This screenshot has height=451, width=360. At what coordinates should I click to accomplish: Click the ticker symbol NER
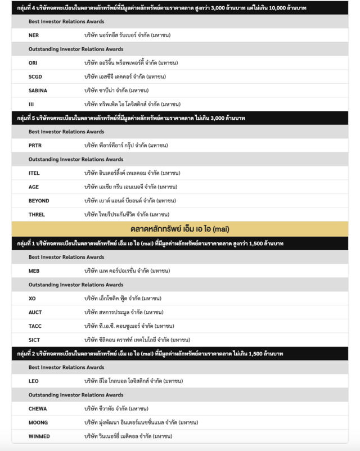pyautogui.click(x=34, y=35)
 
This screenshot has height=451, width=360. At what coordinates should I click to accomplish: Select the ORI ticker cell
pyautogui.click(x=33, y=63)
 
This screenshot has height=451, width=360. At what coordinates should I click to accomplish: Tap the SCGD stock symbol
pyautogui.click(x=35, y=76)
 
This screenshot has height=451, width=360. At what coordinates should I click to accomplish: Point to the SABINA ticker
pyautogui.click(x=38, y=91)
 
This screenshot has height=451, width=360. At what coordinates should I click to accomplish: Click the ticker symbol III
pyautogui.click(x=31, y=104)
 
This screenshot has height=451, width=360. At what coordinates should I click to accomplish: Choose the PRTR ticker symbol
pyautogui.click(x=35, y=146)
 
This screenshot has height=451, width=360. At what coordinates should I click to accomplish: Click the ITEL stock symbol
pyautogui.click(x=34, y=173)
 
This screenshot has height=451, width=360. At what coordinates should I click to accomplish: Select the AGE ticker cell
pyautogui.click(x=34, y=187)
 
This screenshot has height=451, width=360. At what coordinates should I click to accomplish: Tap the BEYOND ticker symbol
pyautogui.click(x=39, y=201)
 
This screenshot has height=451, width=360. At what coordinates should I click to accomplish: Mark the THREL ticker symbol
pyautogui.click(x=37, y=214)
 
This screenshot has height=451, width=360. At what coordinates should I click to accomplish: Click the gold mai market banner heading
pyautogui.click(x=180, y=229)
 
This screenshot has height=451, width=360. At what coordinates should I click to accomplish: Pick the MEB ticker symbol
pyautogui.click(x=34, y=271)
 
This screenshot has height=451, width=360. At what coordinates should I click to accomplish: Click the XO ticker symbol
pyautogui.click(x=32, y=299)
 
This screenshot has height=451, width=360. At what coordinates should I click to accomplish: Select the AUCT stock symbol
pyautogui.click(x=35, y=312)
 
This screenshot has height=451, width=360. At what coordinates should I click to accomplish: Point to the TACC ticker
pyautogui.click(x=35, y=326)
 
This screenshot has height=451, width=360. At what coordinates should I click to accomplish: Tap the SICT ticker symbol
pyautogui.click(x=34, y=340)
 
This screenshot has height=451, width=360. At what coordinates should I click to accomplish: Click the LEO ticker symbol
pyautogui.click(x=34, y=381)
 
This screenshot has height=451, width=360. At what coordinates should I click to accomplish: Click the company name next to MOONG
pyautogui.click(x=141, y=422)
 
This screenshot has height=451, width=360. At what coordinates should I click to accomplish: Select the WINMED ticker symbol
pyautogui.click(x=39, y=436)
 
